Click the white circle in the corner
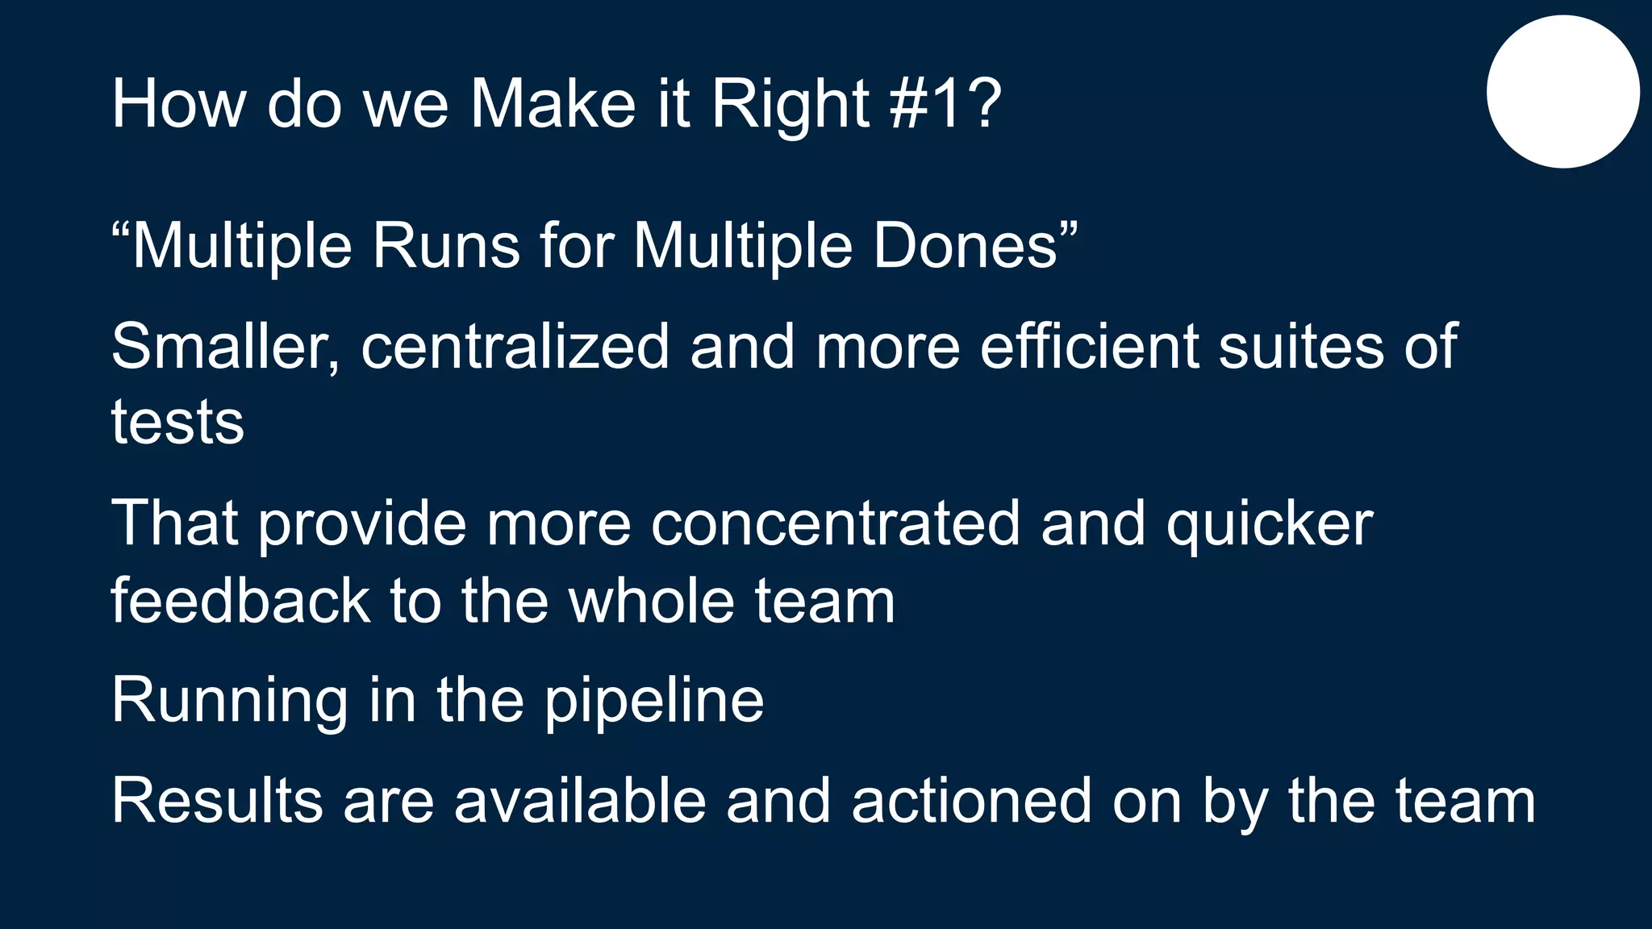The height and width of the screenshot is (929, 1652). click(x=1562, y=92)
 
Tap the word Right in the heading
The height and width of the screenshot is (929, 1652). click(x=790, y=105)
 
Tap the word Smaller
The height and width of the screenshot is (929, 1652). click(x=225, y=347)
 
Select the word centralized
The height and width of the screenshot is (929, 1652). click(x=515, y=347)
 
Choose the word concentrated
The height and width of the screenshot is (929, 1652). click(x=836, y=523)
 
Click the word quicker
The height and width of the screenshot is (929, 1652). click(x=1270, y=525)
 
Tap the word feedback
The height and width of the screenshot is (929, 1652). click(x=240, y=601)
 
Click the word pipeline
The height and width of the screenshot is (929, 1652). click(x=653, y=701)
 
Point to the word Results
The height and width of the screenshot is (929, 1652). click(x=217, y=801)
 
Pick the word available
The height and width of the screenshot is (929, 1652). click(x=579, y=801)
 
